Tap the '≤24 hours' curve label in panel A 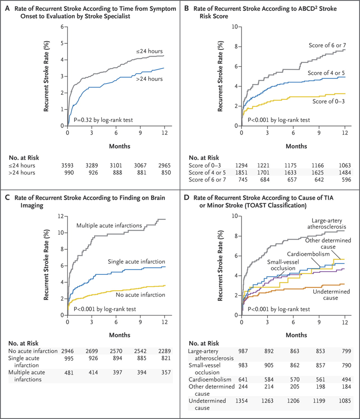[x=149, y=52]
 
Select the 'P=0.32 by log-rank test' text [x=102, y=119]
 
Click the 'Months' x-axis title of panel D [x=293, y=335]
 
